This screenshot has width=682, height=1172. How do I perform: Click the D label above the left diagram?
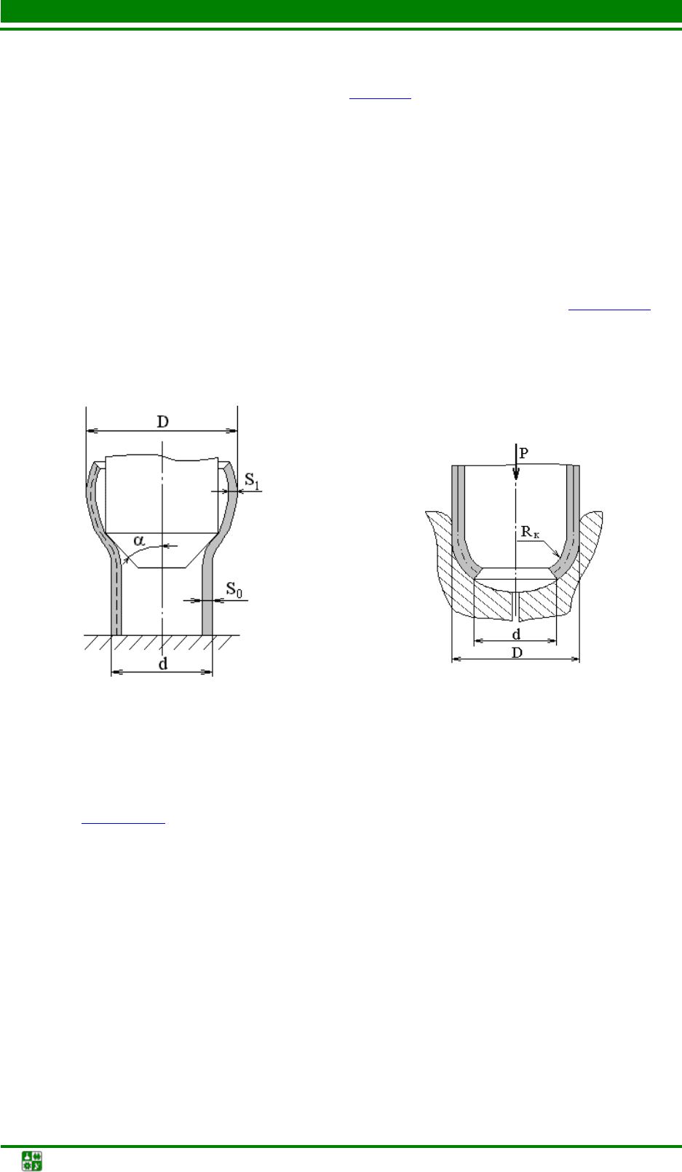(x=162, y=421)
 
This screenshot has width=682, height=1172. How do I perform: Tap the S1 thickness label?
(x=252, y=480)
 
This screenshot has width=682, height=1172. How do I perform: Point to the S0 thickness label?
(x=234, y=590)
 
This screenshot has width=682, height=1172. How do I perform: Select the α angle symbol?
(x=139, y=540)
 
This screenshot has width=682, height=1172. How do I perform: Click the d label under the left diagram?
(x=163, y=664)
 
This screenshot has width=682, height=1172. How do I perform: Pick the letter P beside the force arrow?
(x=524, y=453)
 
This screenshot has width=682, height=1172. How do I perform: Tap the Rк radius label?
(x=530, y=532)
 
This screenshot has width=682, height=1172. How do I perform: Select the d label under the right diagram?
(x=516, y=634)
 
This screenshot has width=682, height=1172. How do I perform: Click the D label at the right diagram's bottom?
(x=517, y=653)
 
